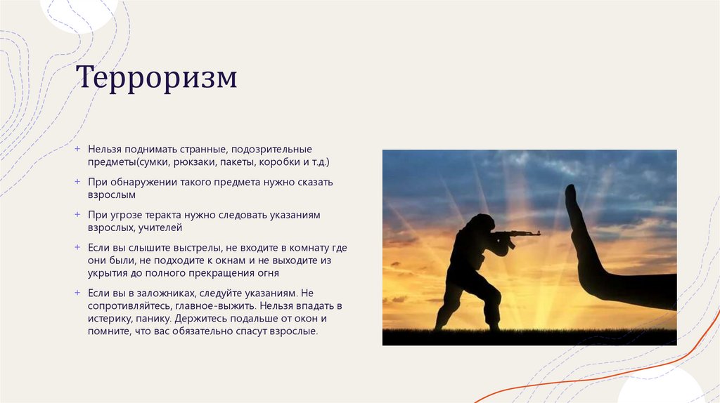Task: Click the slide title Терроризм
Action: point(156,78)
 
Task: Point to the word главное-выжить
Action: point(223,306)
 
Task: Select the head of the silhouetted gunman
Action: point(483,223)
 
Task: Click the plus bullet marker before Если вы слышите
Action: point(78,248)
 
